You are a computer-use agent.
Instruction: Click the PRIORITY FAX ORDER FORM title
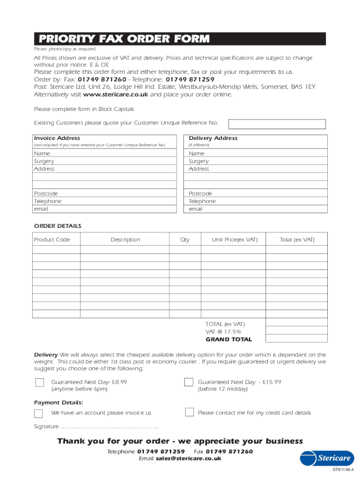[x=124, y=39]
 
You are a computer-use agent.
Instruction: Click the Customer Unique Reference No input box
[x=276, y=124]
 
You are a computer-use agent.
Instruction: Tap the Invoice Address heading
[x=57, y=138]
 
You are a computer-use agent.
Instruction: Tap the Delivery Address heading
[x=213, y=138]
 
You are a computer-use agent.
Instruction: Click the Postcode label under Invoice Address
[x=46, y=193]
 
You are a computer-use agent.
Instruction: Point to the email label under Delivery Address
[x=195, y=209]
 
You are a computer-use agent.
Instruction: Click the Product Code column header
[x=52, y=239]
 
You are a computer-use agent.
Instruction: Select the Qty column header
[x=185, y=239]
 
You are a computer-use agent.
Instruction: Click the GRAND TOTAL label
[x=229, y=340]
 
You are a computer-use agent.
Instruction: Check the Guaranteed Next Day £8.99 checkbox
[x=40, y=383]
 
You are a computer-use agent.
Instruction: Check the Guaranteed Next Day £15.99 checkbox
[x=188, y=382]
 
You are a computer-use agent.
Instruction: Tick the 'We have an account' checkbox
[x=38, y=413]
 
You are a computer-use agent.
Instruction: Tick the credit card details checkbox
[x=189, y=412]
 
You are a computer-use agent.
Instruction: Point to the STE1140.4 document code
[x=343, y=470]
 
